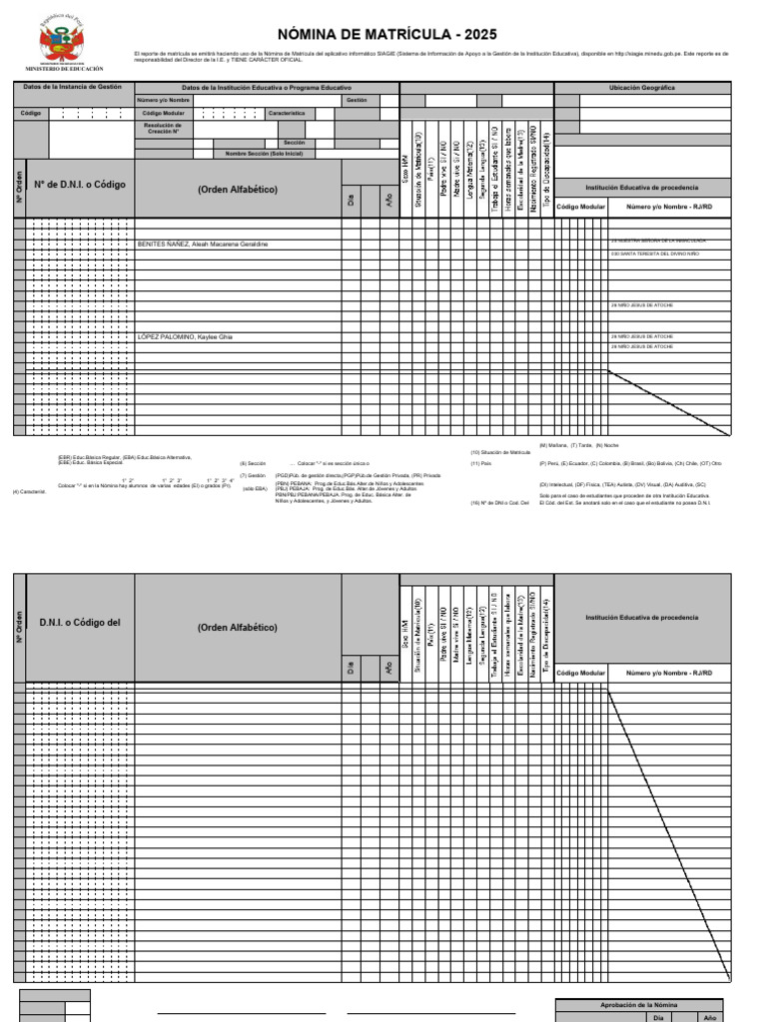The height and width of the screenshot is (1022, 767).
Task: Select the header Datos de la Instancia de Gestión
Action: tap(72, 87)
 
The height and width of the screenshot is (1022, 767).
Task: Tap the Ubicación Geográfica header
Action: tap(641, 88)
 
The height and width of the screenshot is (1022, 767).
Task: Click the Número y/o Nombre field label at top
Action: tap(163, 101)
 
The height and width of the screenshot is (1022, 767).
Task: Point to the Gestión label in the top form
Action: tap(357, 101)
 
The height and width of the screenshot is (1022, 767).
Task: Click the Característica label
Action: tap(286, 114)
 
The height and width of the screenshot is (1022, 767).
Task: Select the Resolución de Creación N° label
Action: tap(163, 128)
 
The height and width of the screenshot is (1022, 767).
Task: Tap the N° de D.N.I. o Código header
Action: tap(80, 185)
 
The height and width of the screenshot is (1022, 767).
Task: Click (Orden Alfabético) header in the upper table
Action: tap(238, 189)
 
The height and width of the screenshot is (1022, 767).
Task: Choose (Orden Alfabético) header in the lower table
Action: tap(238, 628)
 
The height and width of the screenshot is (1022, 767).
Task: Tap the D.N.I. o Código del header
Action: tap(80, 623)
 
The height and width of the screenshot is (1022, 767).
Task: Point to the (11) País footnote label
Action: tap(481, 463)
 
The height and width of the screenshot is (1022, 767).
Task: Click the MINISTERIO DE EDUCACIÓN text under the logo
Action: tap(69, 69)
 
